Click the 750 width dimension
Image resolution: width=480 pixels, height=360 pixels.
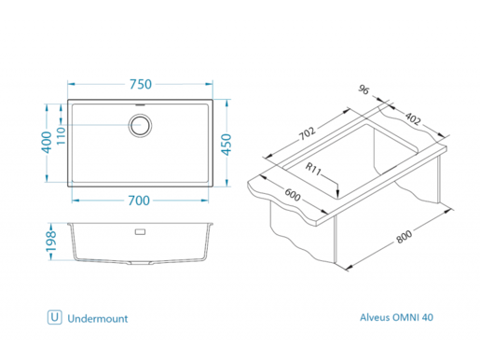pos(140,84)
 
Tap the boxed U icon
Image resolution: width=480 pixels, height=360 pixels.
pos(55,318)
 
